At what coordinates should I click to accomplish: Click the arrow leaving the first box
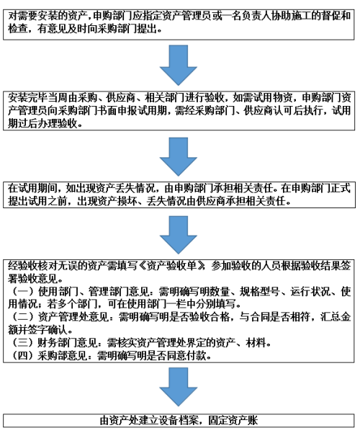click(179, 65)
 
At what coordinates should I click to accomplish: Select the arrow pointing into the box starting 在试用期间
click(179, 156)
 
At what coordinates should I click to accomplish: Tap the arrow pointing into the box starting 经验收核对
click(179, 235)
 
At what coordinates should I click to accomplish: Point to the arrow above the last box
click(179, 387)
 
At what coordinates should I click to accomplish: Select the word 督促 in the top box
click(326, 15)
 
